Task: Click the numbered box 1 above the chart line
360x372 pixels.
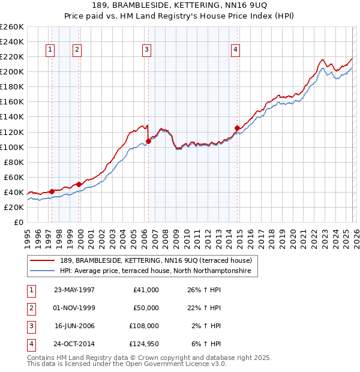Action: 50,50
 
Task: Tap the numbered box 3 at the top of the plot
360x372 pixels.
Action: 147,50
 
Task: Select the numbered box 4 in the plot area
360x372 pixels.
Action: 236,50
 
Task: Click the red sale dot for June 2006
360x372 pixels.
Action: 148,141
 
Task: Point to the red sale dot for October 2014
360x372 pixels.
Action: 237,128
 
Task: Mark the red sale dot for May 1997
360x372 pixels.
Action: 52,191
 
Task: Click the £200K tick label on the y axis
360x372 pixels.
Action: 12,71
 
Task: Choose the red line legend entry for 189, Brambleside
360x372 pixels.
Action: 159,260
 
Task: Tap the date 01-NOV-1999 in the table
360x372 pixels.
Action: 74,308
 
